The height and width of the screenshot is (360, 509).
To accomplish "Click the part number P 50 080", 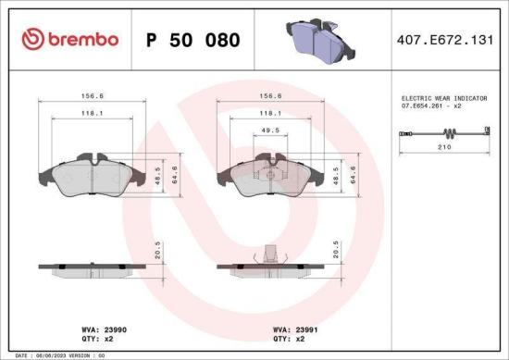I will click(x=193, y=40).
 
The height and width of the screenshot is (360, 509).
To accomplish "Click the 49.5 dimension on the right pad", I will click(x=268, y=130).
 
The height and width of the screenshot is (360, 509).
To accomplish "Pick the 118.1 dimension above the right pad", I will click(x=269, y=113).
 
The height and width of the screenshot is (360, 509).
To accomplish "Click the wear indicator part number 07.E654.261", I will click(x=431, y=106).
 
